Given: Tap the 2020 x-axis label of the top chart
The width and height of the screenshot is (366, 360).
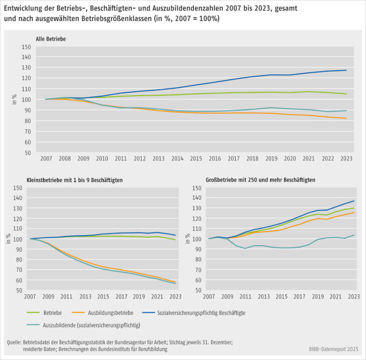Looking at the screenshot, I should tap(289, 158).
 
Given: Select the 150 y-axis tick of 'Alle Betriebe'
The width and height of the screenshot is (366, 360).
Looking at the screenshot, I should tap(27, 47).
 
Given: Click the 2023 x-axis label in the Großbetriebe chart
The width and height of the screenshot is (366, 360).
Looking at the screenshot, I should tap(354, 296).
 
